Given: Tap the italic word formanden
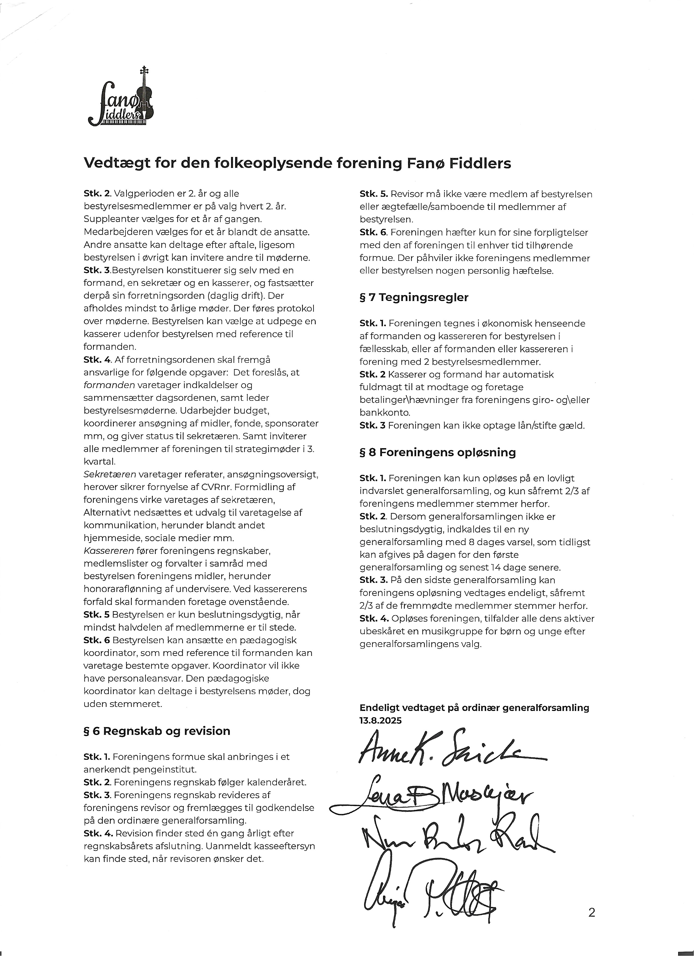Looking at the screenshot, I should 109,385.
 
